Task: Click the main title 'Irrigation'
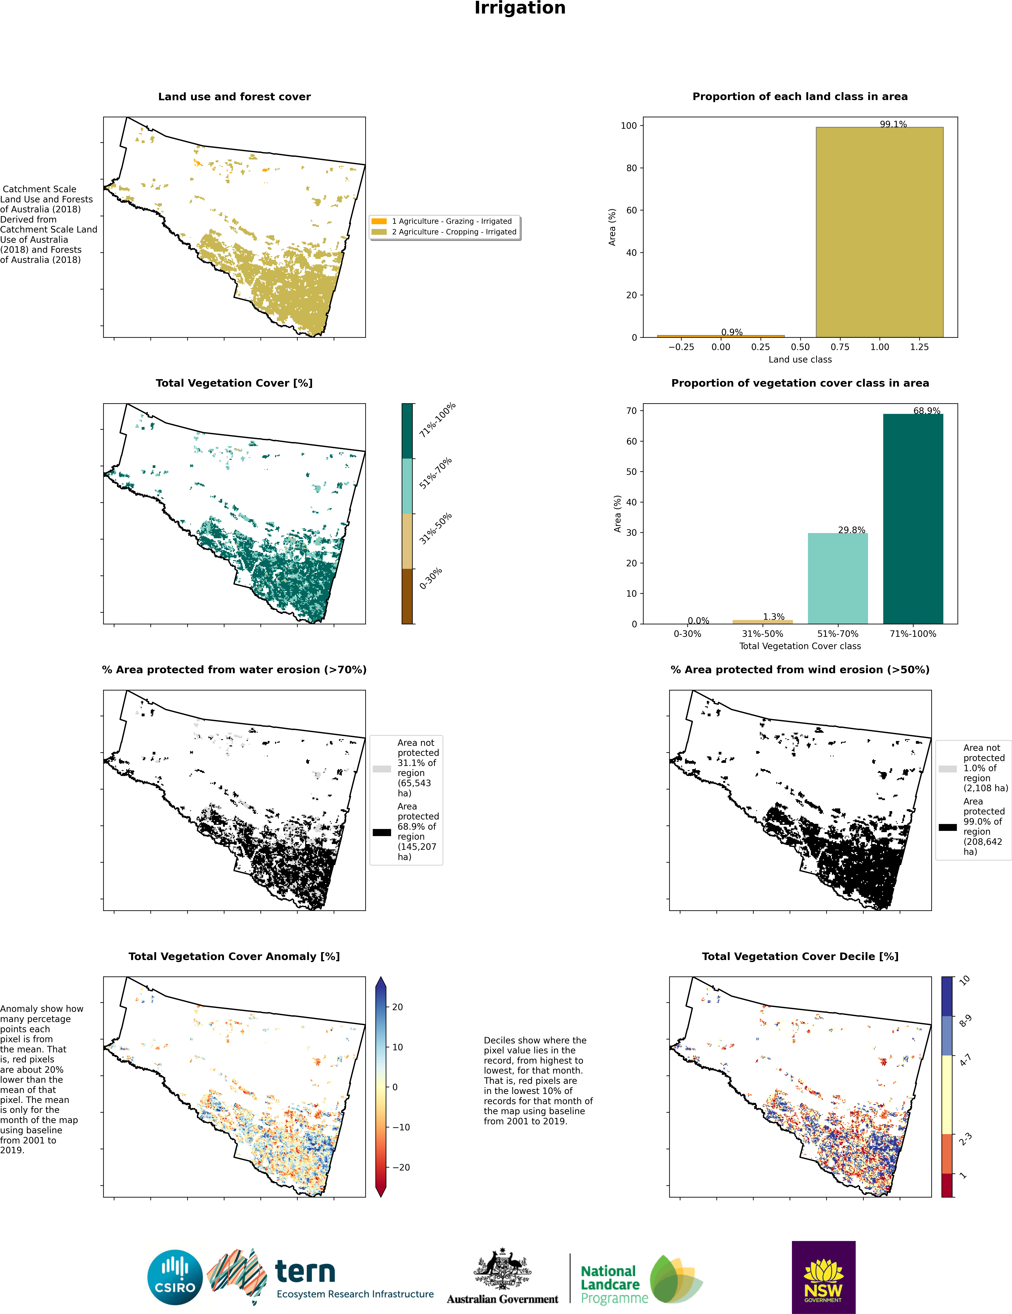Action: (520, 8)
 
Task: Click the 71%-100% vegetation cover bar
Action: (913, 519)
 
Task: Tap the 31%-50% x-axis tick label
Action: (762, 633)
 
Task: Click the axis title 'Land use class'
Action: (800, 359)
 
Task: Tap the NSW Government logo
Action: (823, 1277)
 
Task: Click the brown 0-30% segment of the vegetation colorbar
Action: (407, 596)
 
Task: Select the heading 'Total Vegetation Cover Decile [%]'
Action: (800, 956)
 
